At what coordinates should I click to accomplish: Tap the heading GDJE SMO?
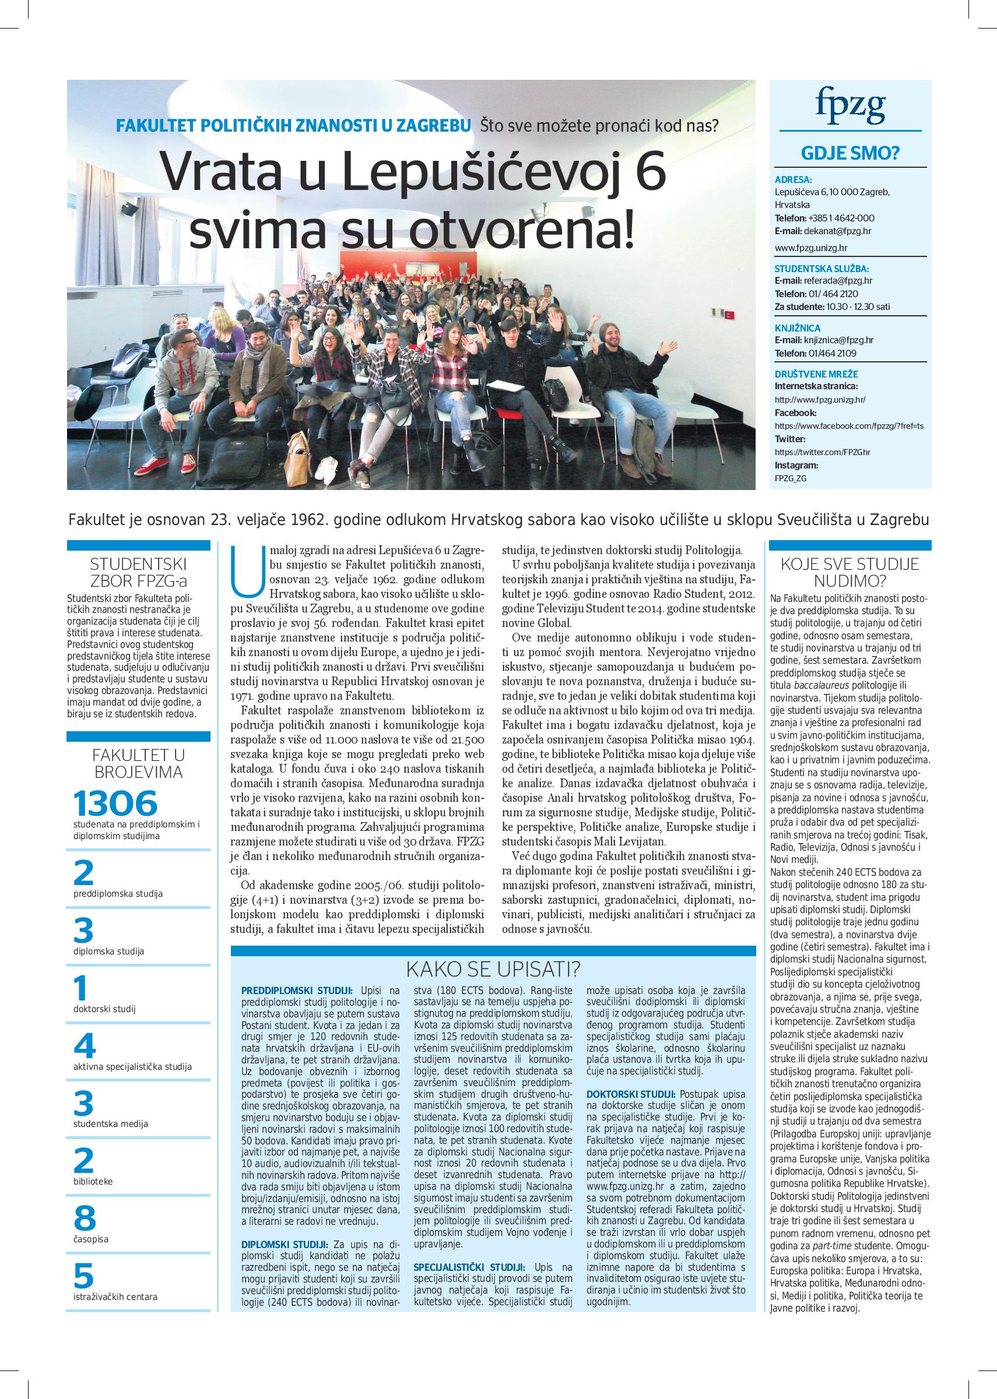(850, 153)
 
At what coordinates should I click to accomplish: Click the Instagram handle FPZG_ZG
(790, 478)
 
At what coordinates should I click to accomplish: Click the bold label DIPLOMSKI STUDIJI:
(286, 1210)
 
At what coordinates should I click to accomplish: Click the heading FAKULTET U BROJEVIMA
(138, 763)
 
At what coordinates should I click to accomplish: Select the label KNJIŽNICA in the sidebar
(797, 328)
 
